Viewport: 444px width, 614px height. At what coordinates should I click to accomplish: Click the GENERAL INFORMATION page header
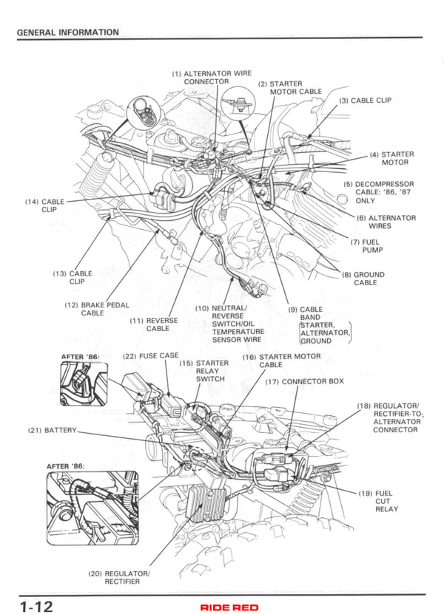(67, 32)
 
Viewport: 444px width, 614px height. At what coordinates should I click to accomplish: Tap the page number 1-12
(36, 606)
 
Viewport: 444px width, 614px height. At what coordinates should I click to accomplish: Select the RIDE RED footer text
(229, 607)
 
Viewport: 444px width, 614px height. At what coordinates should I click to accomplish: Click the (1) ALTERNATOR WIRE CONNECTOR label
(212, 78)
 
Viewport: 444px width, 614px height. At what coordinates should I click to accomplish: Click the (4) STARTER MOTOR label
(391, 158)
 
